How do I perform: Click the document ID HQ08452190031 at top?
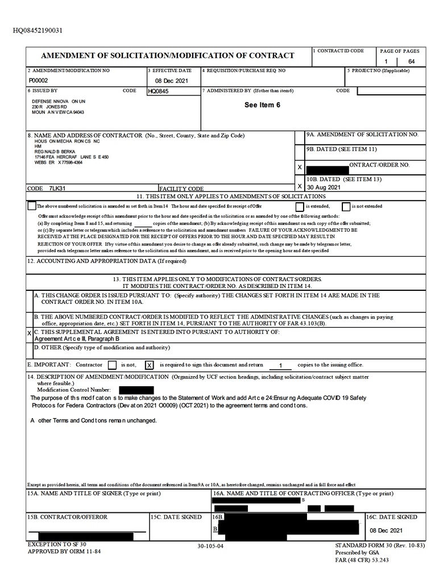coord(38,30)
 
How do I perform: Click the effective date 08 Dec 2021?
coord(171,81)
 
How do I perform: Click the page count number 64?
coord(411,61)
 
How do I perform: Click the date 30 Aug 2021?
coord(324,187)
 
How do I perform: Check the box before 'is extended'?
coord(299,207)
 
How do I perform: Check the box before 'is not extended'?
coord(346,207)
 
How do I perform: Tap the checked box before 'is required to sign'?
coord(150,365)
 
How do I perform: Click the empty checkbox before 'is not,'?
coord(112,365)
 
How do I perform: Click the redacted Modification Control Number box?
coord(136,390)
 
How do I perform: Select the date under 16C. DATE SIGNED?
coord(386,530)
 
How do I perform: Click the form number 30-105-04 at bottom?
coord(210,546)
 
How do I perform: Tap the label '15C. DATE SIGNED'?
coord(176,517)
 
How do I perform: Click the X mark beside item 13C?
coord(30,333)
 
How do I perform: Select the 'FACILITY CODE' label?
coord(181,189)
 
